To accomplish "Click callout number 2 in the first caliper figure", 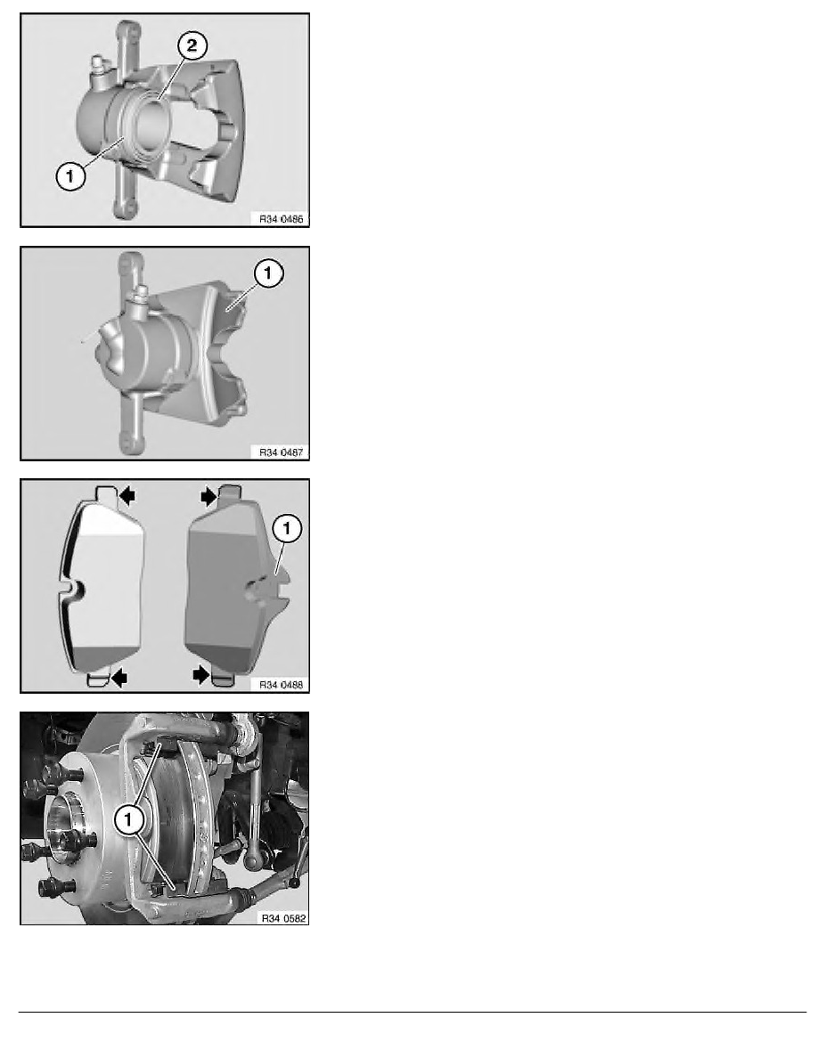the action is [192, 46].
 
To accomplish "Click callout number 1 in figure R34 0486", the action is [71, 177].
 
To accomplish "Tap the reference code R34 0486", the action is [281, 218].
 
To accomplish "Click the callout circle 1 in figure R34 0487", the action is [268, 273].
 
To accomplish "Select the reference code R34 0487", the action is [281, 452].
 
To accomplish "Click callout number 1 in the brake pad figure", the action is [288, 528].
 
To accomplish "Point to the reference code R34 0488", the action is [281, 685].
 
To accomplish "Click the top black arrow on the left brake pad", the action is [127, 497].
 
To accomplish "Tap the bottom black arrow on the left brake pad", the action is [119, 677].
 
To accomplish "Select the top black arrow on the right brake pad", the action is [209, 497].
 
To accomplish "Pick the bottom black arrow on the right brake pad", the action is [201, 675].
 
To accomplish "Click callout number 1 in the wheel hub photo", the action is [128, 820].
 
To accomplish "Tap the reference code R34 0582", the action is [283, 918].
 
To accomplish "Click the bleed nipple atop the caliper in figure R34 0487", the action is [141, 297].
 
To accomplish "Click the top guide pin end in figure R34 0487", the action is [129, 262].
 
